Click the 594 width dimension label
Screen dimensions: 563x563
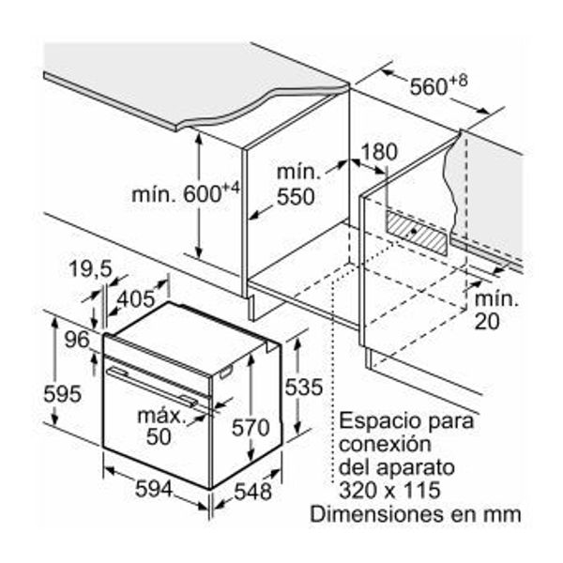(154, 489)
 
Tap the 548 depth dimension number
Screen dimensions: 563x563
(252, 492)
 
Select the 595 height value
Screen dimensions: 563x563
(63, 394)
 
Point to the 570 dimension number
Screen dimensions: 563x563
(251, 427)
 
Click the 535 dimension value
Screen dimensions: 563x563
(304, 387)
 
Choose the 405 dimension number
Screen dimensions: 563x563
(136, 298)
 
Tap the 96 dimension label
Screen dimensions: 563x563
(77, 340)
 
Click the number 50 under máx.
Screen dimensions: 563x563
(159, 436)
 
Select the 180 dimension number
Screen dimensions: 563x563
(379, 152)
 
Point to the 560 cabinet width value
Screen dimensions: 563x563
(429, 86)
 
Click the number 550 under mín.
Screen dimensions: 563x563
(296, 196)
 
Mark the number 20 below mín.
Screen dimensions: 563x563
(487, 321)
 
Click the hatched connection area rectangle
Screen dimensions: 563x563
(417, 234)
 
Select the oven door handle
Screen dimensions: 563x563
(152, 388)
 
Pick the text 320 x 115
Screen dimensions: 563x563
(389, 490)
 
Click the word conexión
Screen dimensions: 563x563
(385, 444)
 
